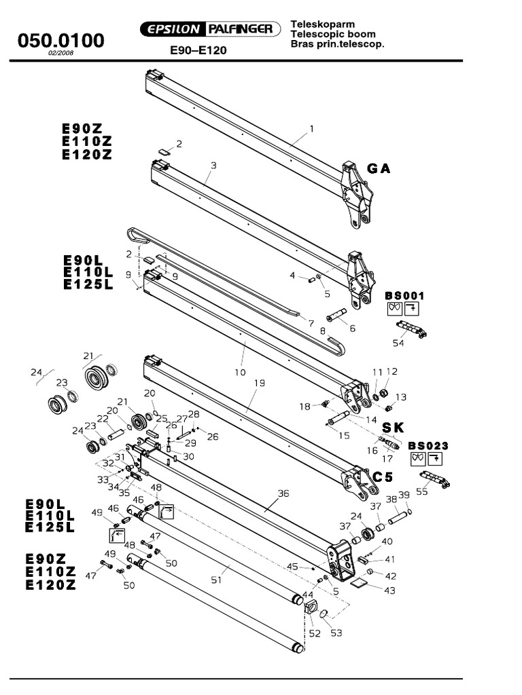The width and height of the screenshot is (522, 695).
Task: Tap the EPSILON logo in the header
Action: click(170, 29)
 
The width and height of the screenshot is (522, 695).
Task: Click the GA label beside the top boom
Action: click(379, 168)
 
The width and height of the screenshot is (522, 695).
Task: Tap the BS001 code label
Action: click(404, 295)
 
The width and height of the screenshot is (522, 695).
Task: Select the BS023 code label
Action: click(428, 445)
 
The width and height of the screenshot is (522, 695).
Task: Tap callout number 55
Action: click(422, 491)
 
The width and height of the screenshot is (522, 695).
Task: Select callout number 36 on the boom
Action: click(283, 493)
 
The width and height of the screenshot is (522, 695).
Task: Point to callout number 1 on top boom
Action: click(311, 128)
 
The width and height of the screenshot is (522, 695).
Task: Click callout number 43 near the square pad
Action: click(389, 590)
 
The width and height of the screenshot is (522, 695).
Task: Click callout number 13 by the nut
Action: click(401, 397)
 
